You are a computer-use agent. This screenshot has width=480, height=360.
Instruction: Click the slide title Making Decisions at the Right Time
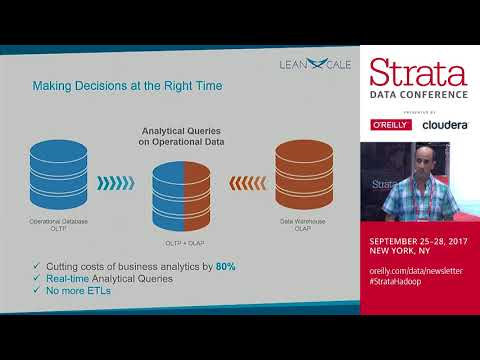[127, 86]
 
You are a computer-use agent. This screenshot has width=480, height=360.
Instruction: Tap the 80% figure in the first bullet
[225, 265]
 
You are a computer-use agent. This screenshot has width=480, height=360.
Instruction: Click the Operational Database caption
[62, 223]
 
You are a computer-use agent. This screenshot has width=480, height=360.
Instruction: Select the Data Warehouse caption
[303, 223]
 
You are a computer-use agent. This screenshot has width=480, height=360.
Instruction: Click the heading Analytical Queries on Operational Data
[182, 137]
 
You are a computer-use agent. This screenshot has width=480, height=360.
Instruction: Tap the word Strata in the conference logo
[418, 72]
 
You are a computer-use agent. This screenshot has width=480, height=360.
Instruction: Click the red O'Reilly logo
[391, 125]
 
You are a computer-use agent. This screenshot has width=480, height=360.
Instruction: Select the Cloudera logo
[445, 125]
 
